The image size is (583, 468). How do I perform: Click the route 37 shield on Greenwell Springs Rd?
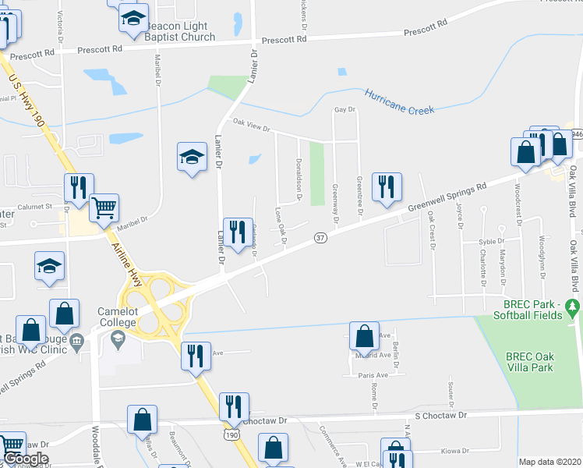[320, 237]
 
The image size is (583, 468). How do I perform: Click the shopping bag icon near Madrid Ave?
[364, 337]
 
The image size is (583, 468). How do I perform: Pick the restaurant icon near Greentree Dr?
[385, 187]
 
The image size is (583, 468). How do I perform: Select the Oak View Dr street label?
[251, 125]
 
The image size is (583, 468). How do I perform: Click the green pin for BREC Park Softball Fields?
[574, 305]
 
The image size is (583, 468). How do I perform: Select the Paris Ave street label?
[373, 375]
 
